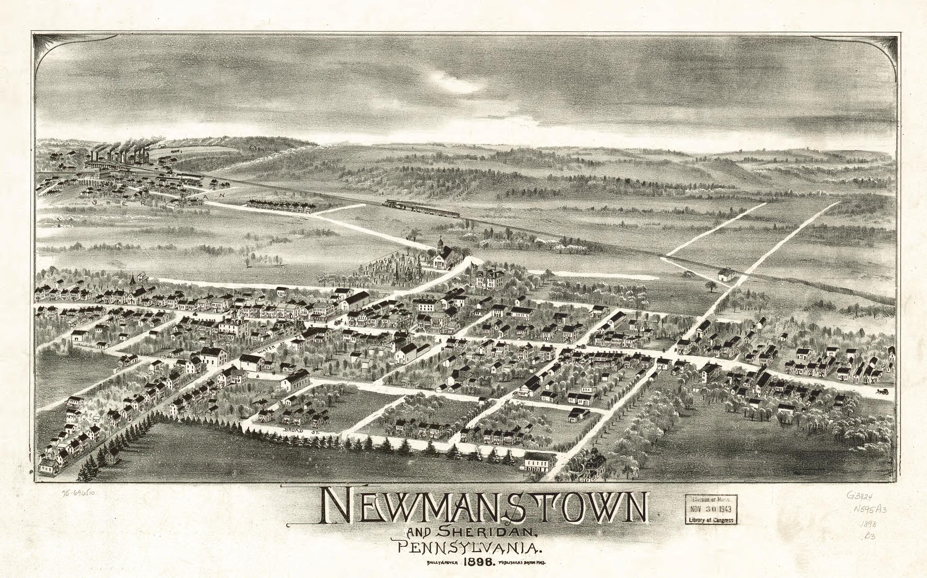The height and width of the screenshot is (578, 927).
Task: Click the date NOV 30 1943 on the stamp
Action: click(x=711, y=510)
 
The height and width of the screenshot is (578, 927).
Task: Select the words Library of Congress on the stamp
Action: click(x=711, y=520)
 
